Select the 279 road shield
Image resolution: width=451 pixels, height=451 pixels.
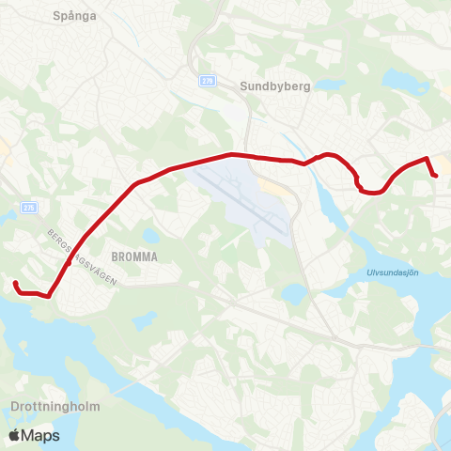point(207,82)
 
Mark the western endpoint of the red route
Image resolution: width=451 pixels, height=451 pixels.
point(15,283)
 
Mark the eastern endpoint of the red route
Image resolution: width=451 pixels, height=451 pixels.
point(436,176)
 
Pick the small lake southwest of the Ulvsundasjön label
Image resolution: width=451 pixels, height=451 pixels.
point(293,293)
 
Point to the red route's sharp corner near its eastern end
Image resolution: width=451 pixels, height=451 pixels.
point(428,158)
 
